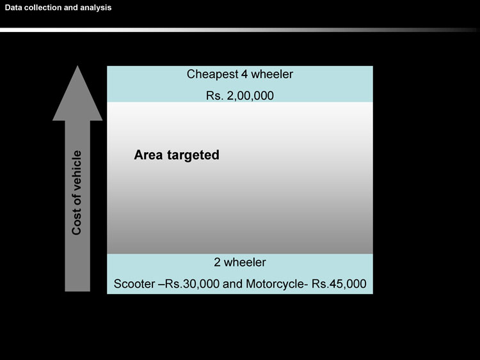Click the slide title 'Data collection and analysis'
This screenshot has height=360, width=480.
(x=58, y=8)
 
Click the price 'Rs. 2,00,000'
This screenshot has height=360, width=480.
(x=239, y=96)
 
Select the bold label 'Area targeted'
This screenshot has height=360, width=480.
(x=177, y=155)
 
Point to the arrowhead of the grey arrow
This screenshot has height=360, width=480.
(x=77, y=96)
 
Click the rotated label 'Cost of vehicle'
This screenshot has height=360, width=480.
(x=77, y=192)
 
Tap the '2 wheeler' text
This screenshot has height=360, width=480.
(x=239, y=262)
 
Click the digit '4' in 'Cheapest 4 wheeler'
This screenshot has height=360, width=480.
(x=243, y=74)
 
